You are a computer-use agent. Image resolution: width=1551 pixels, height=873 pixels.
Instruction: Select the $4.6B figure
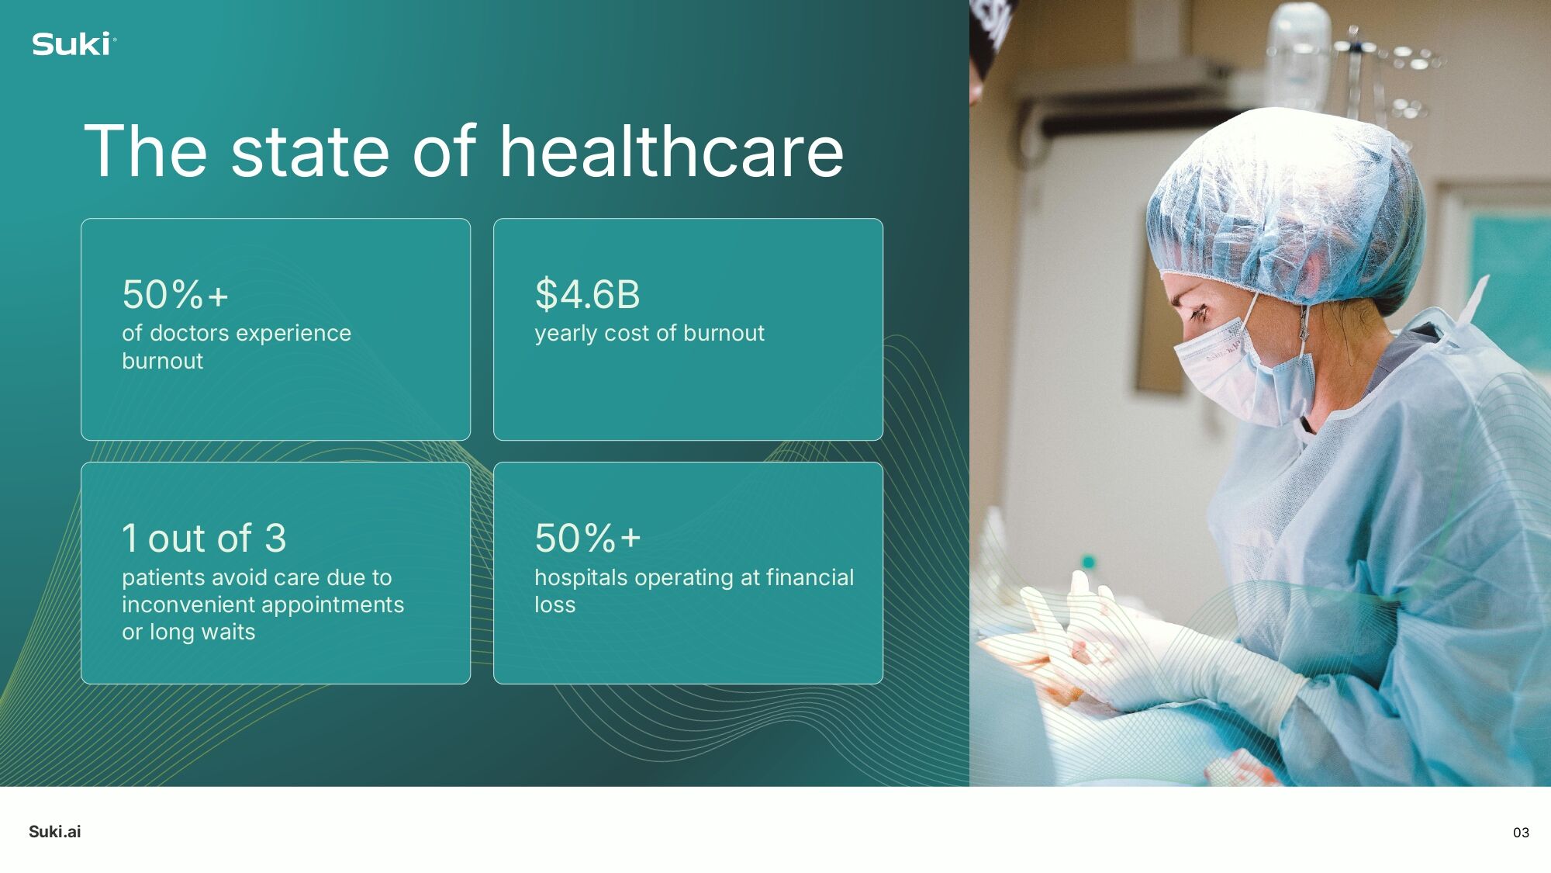(587, 294)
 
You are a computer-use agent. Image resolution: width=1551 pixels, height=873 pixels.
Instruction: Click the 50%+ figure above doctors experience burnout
(175, 294)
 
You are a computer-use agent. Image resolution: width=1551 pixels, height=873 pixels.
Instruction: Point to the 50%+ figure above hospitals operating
(587, 538)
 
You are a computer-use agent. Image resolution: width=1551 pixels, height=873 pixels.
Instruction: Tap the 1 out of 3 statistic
(204, 538)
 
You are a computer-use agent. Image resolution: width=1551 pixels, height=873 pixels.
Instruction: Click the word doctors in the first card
(188, 333)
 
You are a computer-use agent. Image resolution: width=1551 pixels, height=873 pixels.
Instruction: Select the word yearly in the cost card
(565, 334)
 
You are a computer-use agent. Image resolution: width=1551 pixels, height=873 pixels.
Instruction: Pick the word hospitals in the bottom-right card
(581, 577)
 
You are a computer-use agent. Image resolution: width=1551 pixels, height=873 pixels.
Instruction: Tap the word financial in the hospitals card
(810, 577)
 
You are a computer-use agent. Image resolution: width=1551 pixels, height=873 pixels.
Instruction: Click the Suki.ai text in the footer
(55, 832)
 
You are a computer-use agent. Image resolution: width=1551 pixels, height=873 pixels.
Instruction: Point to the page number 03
(1521, 833)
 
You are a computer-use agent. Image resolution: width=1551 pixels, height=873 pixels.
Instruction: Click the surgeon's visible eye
(1199, 312)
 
